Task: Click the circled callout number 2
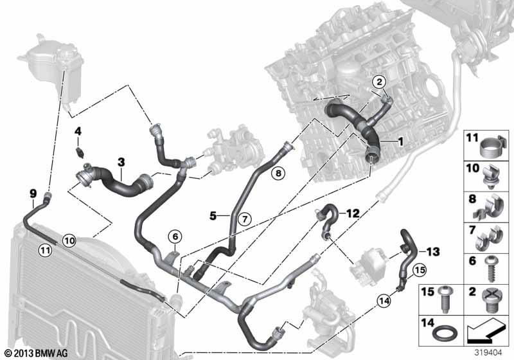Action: click(x=379, y=82)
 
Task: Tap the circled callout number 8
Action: click(x=278, y=172)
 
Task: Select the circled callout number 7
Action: click(x=245, y=219)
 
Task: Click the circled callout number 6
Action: click(x=175, y=237)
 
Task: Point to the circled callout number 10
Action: click(x=69, y=241)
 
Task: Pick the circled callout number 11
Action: click(x=45, y=251)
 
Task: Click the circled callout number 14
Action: click(x=384, y=300)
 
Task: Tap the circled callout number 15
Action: click(x=420, y=270)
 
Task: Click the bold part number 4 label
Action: click(x=78, y=132)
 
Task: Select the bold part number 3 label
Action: click(x=121, y=162)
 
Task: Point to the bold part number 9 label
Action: click(x=33, y=194)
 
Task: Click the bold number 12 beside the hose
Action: click(x=353, y=214)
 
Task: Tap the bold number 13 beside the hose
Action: click(x=433, y=252)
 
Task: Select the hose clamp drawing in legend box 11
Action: click(x=493, y=147)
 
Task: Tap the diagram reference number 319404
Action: click(x=488, y=353)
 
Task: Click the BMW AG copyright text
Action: click(x=37, y=353)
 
